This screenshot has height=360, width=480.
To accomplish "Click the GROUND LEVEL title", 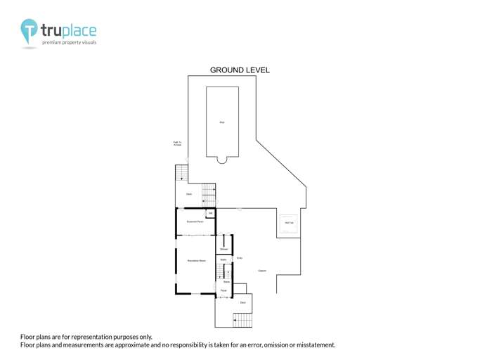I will point(240,70).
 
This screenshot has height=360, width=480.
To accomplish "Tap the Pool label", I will point(222,123).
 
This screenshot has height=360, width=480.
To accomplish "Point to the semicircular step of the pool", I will point(222,160).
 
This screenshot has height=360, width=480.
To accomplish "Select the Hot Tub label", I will point(289,223).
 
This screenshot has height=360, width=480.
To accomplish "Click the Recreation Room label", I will point(196,261).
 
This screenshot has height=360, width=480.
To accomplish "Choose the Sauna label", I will point(223,259).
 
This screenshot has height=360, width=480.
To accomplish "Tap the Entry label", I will point(240,258).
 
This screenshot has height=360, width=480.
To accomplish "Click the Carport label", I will point(262,271).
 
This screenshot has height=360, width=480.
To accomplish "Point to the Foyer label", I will point(223,290).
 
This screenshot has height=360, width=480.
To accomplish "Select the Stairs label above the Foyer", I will point(226,281).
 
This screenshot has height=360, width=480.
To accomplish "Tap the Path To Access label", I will point(178,144).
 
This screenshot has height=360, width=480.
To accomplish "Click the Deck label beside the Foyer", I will point(242,302).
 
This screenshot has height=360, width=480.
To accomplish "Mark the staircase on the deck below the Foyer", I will point(242,320).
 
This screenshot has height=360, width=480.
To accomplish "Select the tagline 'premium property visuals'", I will point(69,43).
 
